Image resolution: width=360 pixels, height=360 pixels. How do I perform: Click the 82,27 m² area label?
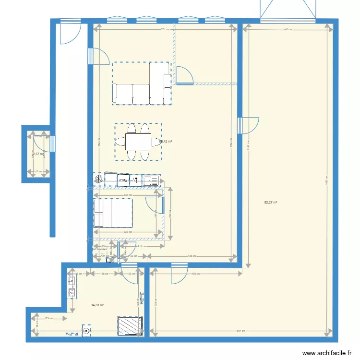point(270,203)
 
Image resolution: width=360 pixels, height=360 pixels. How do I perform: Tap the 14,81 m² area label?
point(98,305)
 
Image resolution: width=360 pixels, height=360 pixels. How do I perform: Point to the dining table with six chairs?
point(138,142)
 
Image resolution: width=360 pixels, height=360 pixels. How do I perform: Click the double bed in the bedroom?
point(113,213)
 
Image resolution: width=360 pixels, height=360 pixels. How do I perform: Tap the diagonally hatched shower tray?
point(130,325)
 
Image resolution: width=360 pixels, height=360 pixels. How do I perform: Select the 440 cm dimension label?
point(287,30)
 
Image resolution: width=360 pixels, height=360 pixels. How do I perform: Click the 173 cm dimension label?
point(48,318)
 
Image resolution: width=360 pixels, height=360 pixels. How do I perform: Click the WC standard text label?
point(101,250)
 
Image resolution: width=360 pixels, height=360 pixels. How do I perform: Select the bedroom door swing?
point(155,204)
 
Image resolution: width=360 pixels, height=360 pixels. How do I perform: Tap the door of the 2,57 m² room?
point(50,143)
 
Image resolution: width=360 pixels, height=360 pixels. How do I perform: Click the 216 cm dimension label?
point(141,246)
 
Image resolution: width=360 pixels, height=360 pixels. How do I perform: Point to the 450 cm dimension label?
point(196,274)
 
